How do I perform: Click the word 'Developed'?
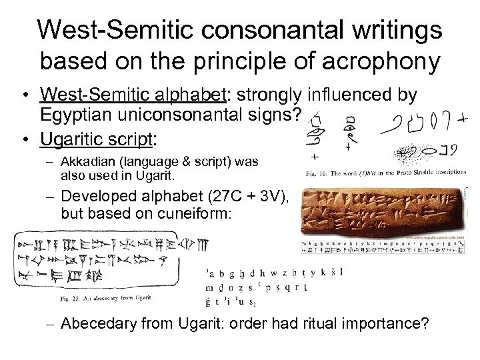(99, 195)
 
